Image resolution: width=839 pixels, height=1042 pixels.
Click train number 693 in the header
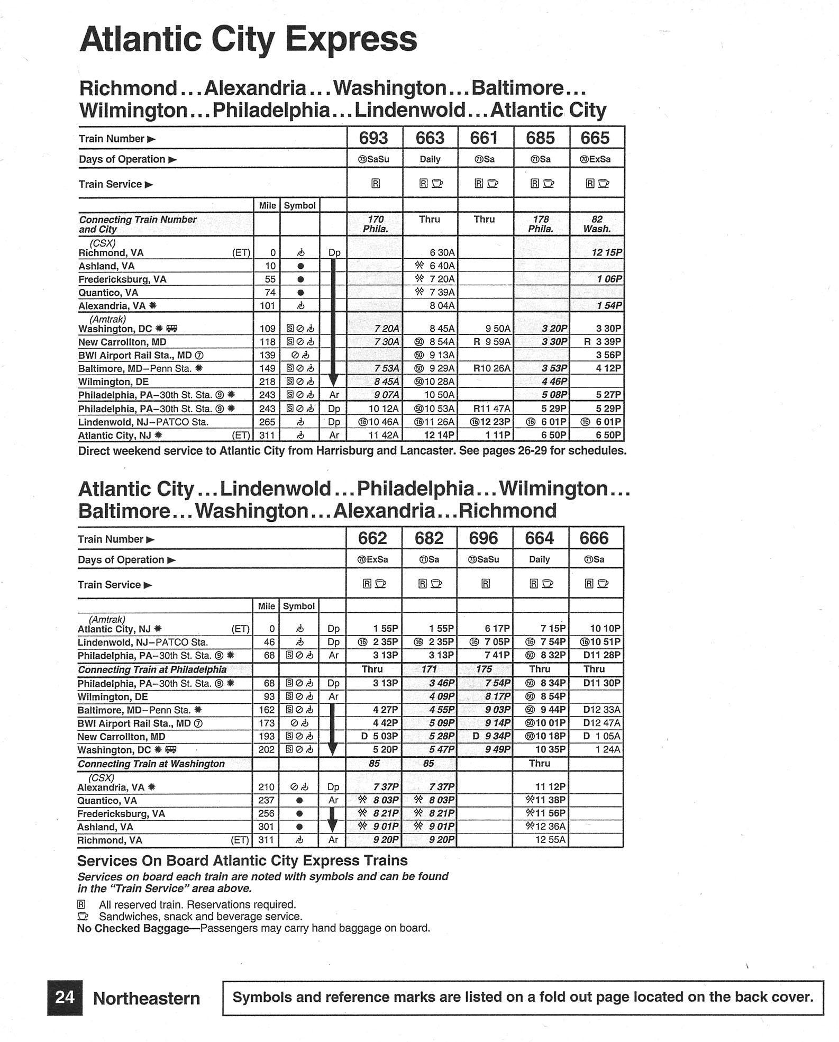[373, 138]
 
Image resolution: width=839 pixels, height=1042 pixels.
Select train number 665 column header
[595, 138]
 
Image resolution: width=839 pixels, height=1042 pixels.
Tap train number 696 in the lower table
[484, 538]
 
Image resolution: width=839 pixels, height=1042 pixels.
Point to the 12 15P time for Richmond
[606, 252]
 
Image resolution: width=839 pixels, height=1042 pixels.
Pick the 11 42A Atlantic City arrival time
[384, 436]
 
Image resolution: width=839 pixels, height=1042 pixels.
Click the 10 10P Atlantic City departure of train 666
[605, 628]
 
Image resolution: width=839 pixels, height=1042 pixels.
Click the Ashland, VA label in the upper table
[106, 266]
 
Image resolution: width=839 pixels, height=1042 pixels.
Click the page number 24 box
[65, 998]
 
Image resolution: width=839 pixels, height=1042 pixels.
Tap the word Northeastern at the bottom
[147, 999]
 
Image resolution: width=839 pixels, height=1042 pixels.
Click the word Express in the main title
[350, 40]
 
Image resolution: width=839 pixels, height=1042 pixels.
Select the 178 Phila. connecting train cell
[541, 224]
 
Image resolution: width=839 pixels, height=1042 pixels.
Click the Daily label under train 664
[539, 559]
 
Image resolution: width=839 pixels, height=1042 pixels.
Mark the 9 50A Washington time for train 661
[497, 329]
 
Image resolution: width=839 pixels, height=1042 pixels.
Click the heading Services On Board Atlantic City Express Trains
[242, 860]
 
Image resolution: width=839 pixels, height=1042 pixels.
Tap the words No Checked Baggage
[133, 928]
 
